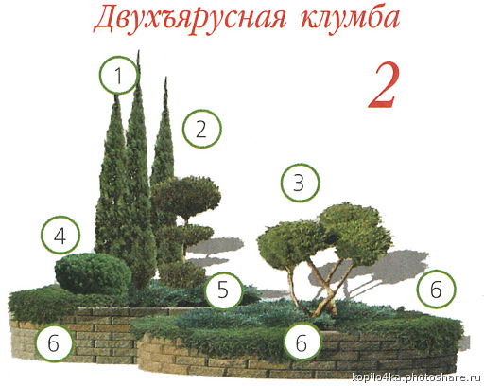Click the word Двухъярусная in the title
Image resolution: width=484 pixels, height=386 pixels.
tap(190, 20)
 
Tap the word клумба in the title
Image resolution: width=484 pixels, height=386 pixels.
tap(350, 18)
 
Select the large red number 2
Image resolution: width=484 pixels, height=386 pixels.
tap(384, 85)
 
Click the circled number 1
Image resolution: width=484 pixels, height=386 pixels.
tap(119, 75)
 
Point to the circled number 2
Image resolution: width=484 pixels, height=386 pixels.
tap(202, 129)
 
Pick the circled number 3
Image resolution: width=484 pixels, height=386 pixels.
tap(300, 183)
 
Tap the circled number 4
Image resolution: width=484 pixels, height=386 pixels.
tap(60, 236)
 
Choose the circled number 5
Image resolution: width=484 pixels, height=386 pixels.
tap(223, 290)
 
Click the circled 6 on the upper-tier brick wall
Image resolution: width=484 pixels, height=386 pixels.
tap(54, 342)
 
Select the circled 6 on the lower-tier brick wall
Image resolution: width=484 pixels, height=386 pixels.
tap(302, 342)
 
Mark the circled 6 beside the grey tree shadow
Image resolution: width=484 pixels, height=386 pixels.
tap(436, 289)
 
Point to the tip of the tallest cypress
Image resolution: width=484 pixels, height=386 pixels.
tap(138, 51)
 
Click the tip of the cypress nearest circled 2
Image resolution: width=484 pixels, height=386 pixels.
tap(165, 78)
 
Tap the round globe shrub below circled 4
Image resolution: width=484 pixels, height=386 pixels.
tap(94, 273)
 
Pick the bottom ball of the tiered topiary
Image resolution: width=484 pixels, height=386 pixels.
tap(181, 273)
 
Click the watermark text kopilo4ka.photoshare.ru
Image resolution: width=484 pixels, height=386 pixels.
tap(415, 377)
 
